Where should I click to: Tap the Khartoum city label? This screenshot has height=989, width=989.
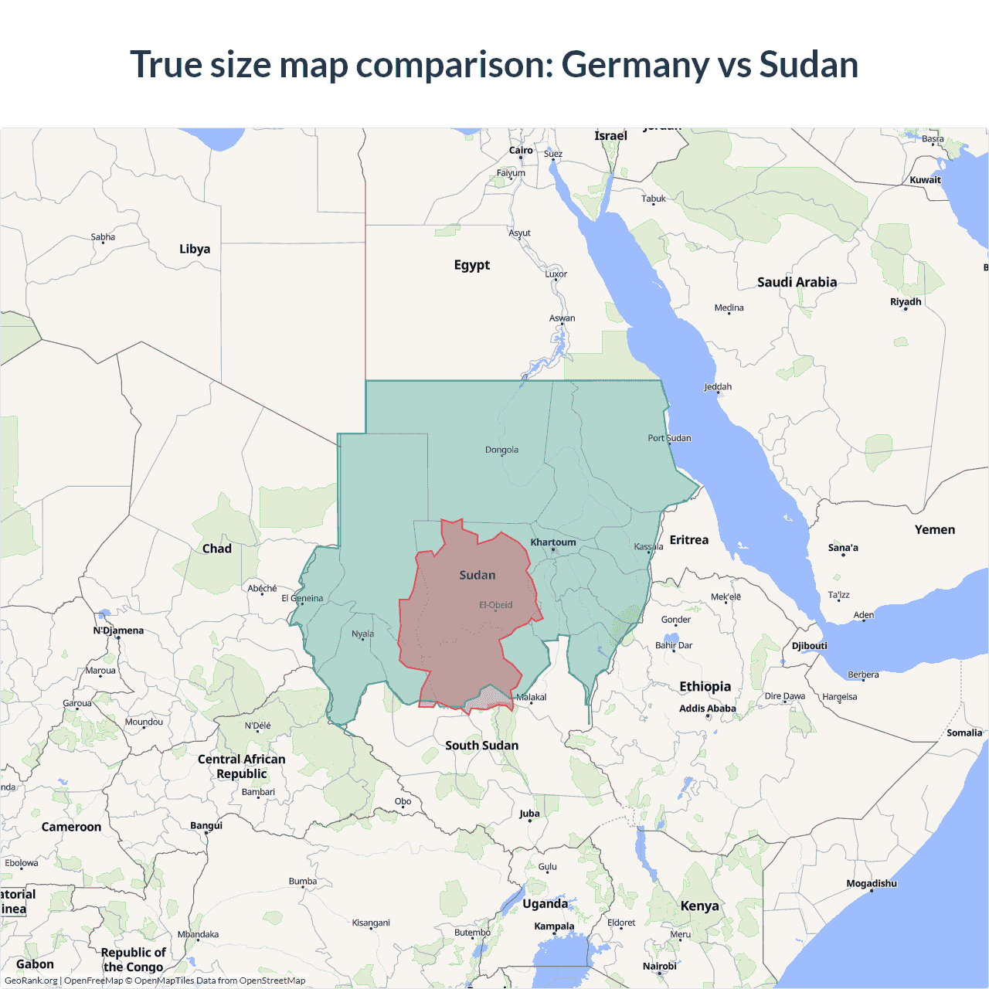(553, 542)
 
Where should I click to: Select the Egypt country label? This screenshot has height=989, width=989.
(471, 265)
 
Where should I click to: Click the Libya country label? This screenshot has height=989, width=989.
(195, 249)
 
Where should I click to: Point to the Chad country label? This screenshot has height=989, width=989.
(216, 549)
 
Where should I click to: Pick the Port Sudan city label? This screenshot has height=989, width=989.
(669, 438)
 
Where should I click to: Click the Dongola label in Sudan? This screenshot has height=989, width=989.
(501, 450)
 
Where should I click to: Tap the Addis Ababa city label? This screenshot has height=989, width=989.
(707, 709)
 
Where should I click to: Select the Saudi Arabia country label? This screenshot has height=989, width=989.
(797, 282)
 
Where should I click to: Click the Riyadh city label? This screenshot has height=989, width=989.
(906, 302)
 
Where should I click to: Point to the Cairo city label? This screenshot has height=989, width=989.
(521, 151)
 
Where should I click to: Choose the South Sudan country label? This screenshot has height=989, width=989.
(481, 746)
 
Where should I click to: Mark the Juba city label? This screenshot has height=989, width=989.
(529, 814)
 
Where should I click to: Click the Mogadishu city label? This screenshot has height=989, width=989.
(872, 883)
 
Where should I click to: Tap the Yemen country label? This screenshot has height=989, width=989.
(934, 530)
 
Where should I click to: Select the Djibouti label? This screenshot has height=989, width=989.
(809, 646)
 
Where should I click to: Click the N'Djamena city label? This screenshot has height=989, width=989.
(118, 630)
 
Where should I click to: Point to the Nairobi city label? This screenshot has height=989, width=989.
(659, 966)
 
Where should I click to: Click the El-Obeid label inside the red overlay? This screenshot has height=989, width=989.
(495, 605)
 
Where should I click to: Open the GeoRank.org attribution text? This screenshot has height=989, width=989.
(31, 981)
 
